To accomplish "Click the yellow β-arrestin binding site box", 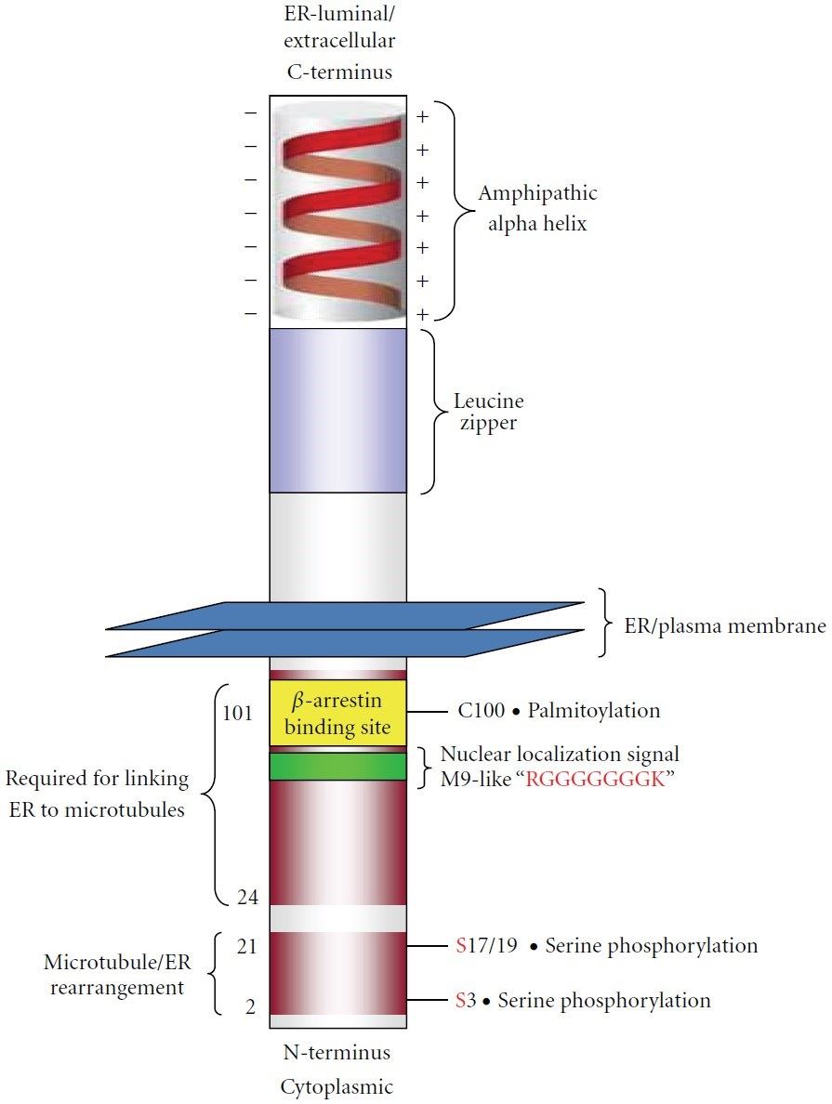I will tap(337, 713).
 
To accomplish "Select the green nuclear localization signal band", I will tap(337, 767).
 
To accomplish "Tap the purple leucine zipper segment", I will tap(337, 410).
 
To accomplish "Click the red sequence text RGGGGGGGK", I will tap(596, 780).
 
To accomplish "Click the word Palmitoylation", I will tap(593, 711).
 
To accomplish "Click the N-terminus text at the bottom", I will tap(337, 1054).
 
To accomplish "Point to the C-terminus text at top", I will tap(337, 72).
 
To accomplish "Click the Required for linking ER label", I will tap(97, 793).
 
